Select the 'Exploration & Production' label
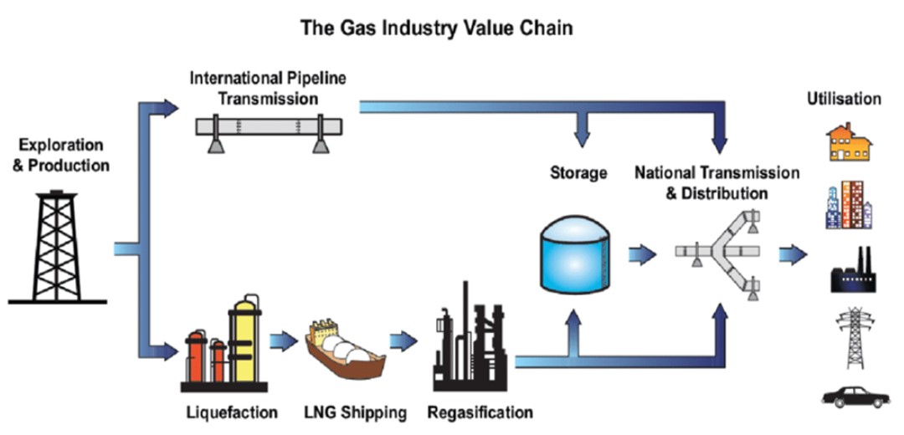point(60,156)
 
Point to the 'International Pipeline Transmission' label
point(268,88)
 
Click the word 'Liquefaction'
point(229,412)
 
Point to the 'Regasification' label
point(479,412)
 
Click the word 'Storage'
point(578,173)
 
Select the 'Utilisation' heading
point(843,99)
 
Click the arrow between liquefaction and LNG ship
point(284,341)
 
